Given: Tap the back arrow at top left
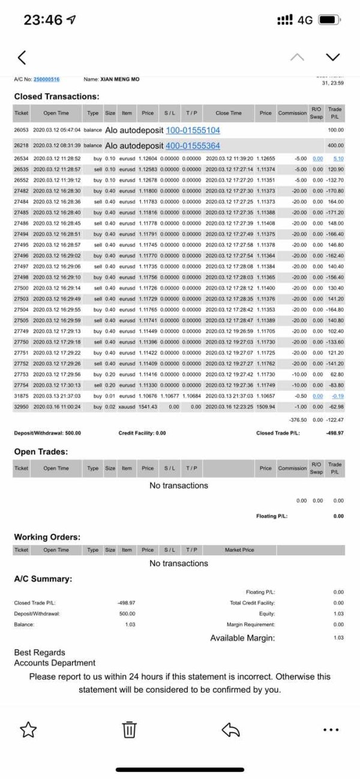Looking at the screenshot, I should pos(22,58).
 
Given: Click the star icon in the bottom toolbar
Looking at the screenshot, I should pos(28,729).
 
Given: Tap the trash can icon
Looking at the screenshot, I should pos(130,729).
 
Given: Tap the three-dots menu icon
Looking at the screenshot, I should pos(331,730).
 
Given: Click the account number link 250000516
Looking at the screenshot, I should pos(46,79).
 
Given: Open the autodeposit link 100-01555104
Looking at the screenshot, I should pos(193,130).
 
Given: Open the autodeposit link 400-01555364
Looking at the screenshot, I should pos(193,146).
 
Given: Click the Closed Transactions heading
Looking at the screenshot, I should pos(56,96).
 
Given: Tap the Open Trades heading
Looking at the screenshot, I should pos(41,451).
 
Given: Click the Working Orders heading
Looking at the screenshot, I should pos(47,537).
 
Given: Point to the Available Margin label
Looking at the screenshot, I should pos(242,638).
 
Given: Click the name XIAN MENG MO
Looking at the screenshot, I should pos(119,79).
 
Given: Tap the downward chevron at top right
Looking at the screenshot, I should pos(332,57).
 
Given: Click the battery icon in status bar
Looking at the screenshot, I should pos(329,20).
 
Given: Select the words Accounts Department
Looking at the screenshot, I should pos(55,663).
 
